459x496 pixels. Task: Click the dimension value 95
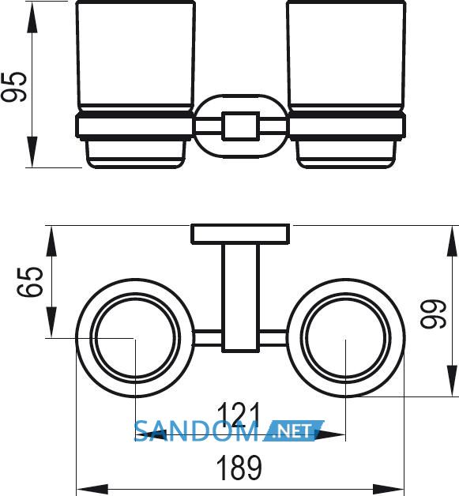pos(14,87)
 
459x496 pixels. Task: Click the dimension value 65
pos(29,282)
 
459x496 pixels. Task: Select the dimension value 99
pos(433,314)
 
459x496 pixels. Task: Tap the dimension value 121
pos(239,414)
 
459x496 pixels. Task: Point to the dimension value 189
pos(239,468)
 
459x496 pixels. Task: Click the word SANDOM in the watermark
pos(196,431)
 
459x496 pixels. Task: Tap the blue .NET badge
pos(293,430)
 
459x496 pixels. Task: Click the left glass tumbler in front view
pos(135,56)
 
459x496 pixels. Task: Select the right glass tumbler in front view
pos(346,56)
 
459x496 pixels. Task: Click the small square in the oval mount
pos(241,126)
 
